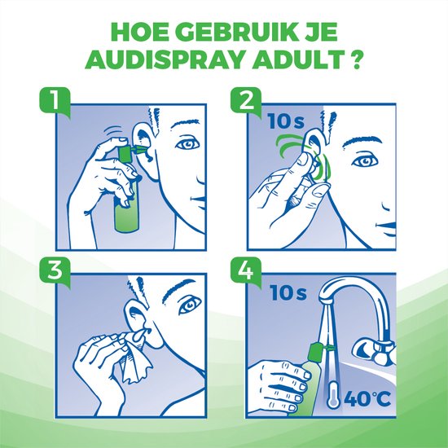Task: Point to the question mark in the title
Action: (356, 59)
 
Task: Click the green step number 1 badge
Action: (55, 102)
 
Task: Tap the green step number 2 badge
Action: (246, 102)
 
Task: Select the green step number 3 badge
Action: (55, 271)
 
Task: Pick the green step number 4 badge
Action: (246, 271)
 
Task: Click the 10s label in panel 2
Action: (286, 121)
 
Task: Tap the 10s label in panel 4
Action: (288, 292)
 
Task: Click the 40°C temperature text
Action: (367, 398)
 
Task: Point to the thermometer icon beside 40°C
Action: (333, 393)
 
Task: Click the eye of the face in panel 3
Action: (190, 305)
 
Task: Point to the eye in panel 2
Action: (364, 162)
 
